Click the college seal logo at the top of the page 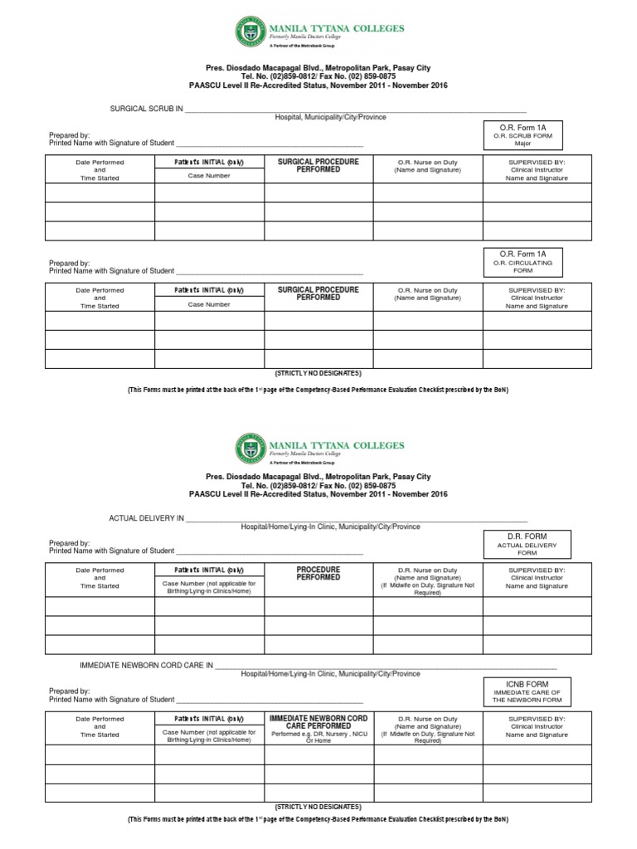pos(250,33)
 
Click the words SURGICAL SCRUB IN pos(147,109)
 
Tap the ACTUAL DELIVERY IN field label pos(147,518)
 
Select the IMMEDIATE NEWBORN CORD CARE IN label pos(146,666)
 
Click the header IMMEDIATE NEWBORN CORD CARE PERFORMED pos(318,721)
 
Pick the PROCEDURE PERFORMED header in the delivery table pos(318,574)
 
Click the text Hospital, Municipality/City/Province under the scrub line pos(330,118)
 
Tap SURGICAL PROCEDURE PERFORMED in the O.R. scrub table pos(318,166)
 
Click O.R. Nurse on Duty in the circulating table pos(427,290)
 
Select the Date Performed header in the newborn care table pos(100,719)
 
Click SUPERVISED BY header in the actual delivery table pos(537,570)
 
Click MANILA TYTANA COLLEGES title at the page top pos(337,28)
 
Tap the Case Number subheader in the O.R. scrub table pos(209,177)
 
